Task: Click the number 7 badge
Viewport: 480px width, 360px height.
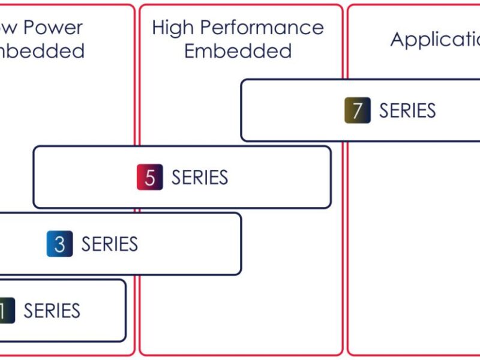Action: [x=358, y=110]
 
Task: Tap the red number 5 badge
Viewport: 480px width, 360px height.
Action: [x=150, y=178]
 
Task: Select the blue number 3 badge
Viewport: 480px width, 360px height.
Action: [x=60, y=244]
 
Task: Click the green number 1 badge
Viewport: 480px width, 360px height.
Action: [x=6, y=311]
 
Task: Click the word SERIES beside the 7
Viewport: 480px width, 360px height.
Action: [x=407, y=110]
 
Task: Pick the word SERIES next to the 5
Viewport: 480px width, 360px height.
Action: [x=200, y=178]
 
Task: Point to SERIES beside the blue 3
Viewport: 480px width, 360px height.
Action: [x=110, y=244]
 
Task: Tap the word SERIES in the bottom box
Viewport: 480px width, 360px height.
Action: [x=52, y=311]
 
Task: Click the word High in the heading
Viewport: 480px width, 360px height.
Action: [x=172, y=28]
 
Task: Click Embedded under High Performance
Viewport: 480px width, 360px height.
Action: [x=238, y=51]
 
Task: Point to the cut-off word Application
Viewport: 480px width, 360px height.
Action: [x=435, y=40]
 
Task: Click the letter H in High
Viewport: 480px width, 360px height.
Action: [x=158, y=28]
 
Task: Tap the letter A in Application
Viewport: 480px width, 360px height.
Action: [x=398, y=40]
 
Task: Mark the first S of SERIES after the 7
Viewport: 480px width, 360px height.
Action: [x=384, y=110]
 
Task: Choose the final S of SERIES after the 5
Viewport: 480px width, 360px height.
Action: [x=223, y=178]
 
